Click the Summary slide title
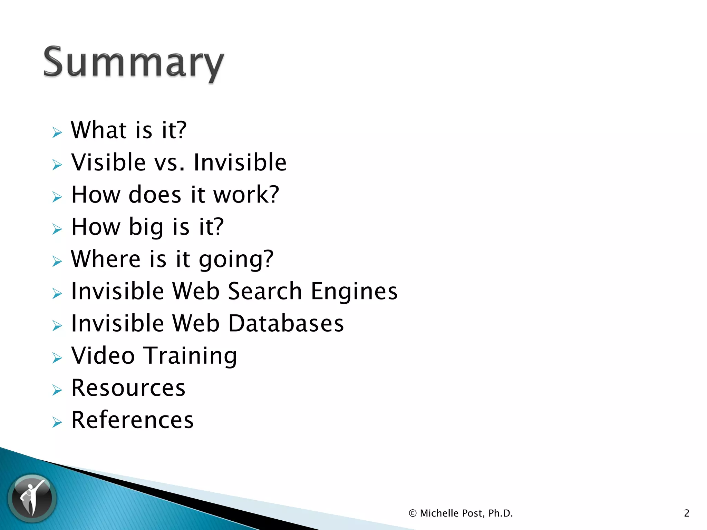(x=134, y=63)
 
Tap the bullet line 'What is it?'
(x=128, y=130)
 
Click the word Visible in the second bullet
(x=108, y=162)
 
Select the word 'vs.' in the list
(x=169, y=163)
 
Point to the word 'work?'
(x=246, y=195)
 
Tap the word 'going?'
(x=236, y=259)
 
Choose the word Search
(x=265, y=291)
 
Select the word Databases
(x=286, y=323)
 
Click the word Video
(x=103, y=355)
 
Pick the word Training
(x=190, y=356)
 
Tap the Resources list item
(x=128, y=388)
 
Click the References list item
(x=132, y=420)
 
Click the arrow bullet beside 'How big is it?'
(x=57, y=229)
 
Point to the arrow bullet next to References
(x=57, y=422)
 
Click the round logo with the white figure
(x=32, y=498)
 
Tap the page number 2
(x=686, y=513)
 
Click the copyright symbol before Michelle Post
(x=412, y=513)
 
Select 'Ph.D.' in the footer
(x=500, y=513)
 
